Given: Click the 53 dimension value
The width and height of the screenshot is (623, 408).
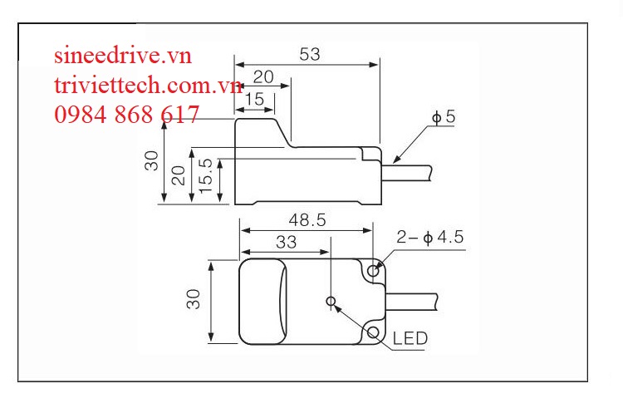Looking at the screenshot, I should pyautogui.click(x=309, y=54).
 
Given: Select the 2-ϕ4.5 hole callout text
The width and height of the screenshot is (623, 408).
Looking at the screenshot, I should pyautogui.click(x=429, y=238).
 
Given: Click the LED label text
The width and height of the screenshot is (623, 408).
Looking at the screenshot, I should pyautogui.click(x=410, y=338).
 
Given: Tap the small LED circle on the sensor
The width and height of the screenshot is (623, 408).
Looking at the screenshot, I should pyautogui.click(x=332, y=300).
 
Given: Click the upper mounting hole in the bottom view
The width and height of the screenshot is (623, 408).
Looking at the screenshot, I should pyautogui.click(x=374, y=270).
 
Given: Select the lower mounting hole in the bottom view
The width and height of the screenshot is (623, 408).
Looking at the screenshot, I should pyautogui.click(x=374, y=332).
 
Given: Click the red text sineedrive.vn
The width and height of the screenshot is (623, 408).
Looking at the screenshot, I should pyautogui.click(x=123, y=57).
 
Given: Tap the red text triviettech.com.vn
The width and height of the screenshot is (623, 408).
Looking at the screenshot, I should pyautogui.click(x=147, y=85).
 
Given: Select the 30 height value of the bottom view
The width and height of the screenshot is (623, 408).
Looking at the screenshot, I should pyautogui.click(x=194, y=299).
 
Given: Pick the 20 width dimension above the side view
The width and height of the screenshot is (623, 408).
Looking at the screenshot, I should pyautogui.click(x=263, y=77).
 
